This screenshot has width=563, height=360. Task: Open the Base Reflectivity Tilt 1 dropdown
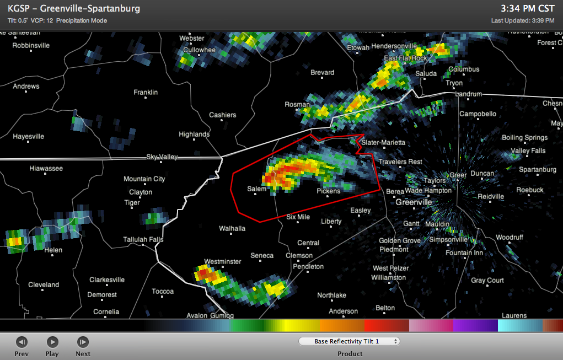[x=349, y=341]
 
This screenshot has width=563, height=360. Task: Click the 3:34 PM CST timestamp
[x=527, y=9]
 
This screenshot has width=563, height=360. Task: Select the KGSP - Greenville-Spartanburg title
[x=74, y=9]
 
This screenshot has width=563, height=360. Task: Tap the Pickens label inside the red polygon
[x=329, y=191]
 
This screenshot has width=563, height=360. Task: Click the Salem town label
[x=256, y=189]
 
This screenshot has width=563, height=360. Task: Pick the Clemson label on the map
[x=299, y=255]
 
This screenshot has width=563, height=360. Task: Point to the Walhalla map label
[x=232, y=228]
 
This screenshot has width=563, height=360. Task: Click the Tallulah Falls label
[x=143, y=239]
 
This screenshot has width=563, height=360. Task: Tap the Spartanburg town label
[x=538, y=169]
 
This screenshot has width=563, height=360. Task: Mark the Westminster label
[x=223, y=261]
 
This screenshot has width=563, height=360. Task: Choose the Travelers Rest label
[x=400, y=162]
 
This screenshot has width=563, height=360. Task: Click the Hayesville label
[x=29, y=136]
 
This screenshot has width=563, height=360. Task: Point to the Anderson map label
[x=343, y=311]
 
